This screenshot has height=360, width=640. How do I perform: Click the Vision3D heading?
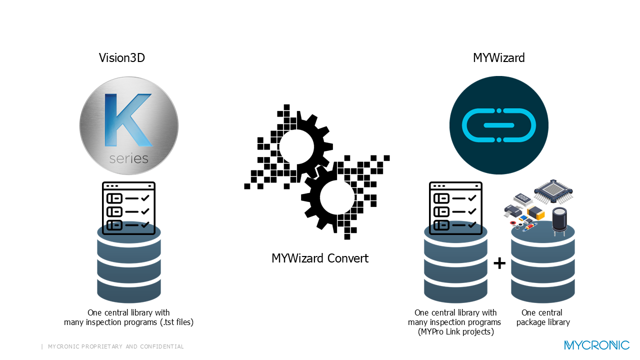121,58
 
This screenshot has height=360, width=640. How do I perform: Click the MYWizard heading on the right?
498,58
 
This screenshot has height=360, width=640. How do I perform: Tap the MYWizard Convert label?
320,258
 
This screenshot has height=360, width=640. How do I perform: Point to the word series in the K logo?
128,158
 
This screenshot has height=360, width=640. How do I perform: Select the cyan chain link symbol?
498,125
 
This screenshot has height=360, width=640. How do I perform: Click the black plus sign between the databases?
499,263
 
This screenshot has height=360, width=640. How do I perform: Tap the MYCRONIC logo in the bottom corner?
596,345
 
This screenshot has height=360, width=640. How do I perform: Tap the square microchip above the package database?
553,190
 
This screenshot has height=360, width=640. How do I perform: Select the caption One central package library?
543,317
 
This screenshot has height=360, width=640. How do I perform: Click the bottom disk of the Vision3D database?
129,289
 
